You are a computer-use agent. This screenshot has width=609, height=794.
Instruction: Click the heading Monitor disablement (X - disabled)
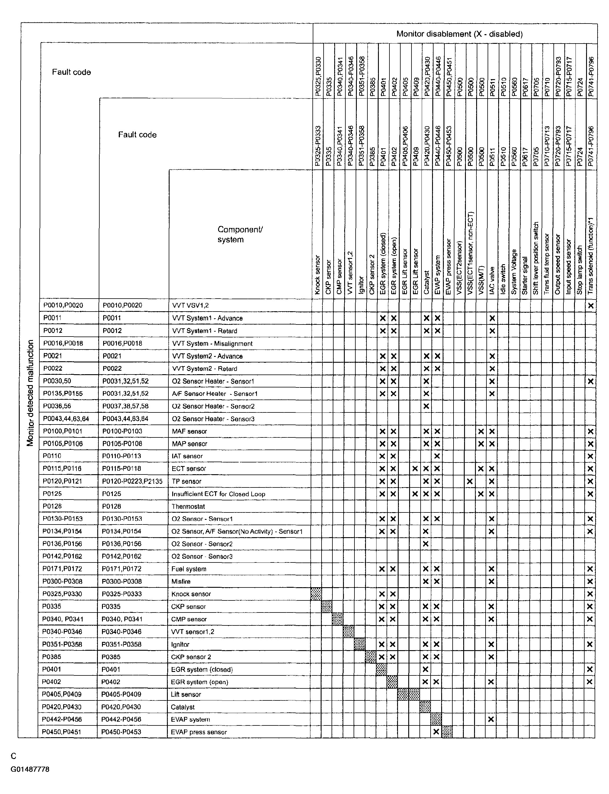[x=459, y=34]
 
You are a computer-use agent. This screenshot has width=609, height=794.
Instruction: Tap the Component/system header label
[x=240, y=234]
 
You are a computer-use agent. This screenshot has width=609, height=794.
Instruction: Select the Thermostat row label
[x=188, y=506]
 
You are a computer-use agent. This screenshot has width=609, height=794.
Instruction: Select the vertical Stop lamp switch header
[x=579, y=270]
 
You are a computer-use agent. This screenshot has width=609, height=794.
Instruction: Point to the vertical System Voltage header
[x=514, y=272]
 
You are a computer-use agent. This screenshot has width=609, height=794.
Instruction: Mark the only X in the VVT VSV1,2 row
[x=590, y=305]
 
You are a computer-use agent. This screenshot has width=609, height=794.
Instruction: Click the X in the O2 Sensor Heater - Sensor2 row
[x=426, y=406]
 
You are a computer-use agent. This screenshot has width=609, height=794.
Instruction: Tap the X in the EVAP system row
[x=491, y=719]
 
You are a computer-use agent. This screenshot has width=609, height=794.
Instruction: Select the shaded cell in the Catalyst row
[x=425, y=707]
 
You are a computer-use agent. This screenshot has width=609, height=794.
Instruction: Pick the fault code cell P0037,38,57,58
[x=126, y=406]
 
